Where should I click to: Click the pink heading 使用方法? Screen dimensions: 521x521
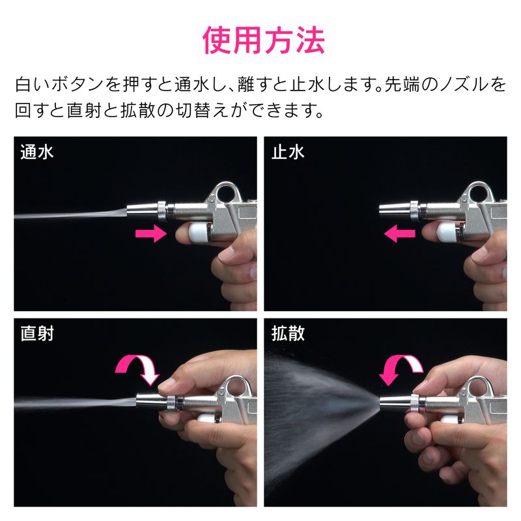coord(264,40)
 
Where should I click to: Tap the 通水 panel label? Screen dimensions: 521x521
coord(37,152)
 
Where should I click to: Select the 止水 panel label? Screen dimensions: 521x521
coord(288,152)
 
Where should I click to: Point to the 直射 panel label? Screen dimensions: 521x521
coord(37,333)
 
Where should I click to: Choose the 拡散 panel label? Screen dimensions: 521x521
coord(288,333)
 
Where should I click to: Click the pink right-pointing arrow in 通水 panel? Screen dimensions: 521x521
coord(151,234)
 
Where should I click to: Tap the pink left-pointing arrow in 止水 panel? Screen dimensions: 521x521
coord(399,234)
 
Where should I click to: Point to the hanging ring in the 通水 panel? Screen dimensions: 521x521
coord(225,193)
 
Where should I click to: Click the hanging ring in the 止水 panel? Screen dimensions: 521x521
coord(477,193)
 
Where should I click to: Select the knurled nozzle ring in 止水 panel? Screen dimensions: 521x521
coord(414,210)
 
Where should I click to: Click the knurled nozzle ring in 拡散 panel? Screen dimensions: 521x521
coord(415,403)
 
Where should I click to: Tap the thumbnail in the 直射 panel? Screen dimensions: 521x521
coord(165,384)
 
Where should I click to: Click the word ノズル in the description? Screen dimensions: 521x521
coord(464,85)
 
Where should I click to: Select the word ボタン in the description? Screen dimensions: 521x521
coord(77,85)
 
